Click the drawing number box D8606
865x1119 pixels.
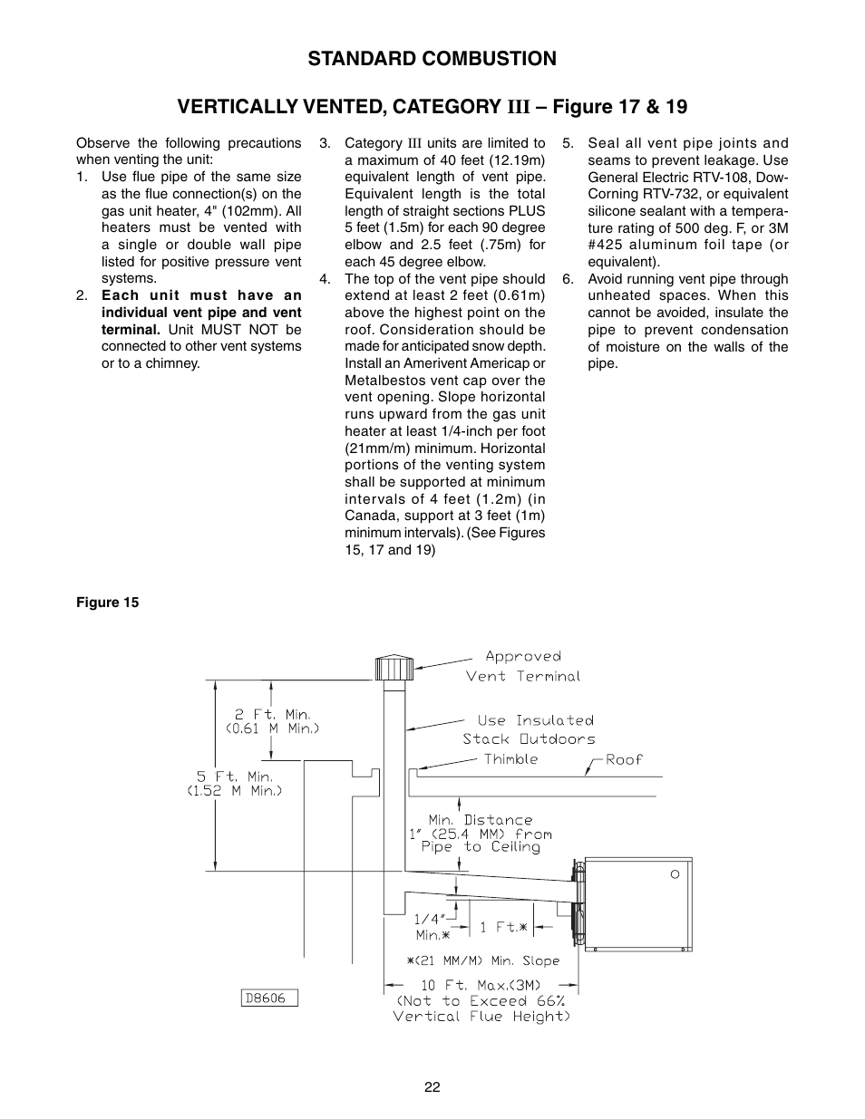tap(270, 998)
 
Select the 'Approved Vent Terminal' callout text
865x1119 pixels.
tap(523, 666)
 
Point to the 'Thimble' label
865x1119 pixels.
tap(510, 759)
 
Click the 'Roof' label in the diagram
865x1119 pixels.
tap(624, 759)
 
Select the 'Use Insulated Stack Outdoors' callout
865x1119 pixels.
tap(529, 729)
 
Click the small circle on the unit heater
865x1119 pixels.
tap(675, 874)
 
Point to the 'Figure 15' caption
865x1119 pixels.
tap(107, 603)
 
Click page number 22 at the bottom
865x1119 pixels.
tap(432, 1087)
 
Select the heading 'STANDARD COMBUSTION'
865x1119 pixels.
tap(432, 59)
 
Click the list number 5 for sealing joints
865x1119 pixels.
tap(568, 143)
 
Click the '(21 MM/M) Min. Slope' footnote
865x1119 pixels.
tap(482, 960)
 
